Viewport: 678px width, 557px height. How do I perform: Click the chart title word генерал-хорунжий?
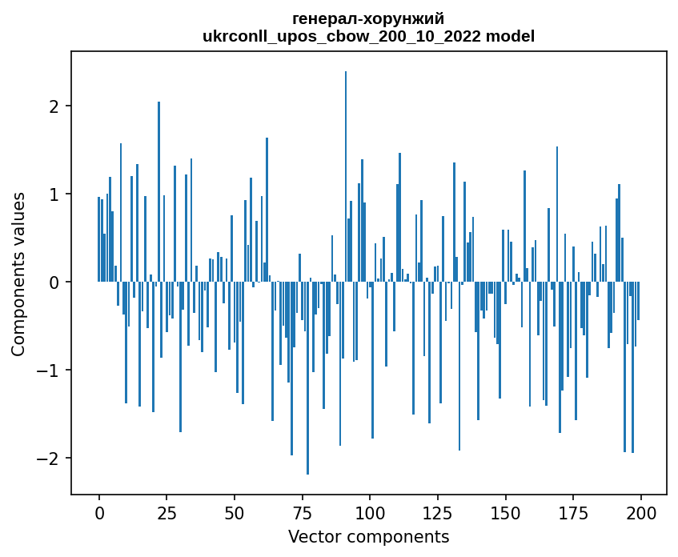(368, 18)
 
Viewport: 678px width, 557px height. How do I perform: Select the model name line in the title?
(368, 36)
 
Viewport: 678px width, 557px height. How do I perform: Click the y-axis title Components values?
(18, 274)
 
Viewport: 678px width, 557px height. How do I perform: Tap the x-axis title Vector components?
(368, 536)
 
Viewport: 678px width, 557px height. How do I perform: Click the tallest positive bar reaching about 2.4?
(346, 176)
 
